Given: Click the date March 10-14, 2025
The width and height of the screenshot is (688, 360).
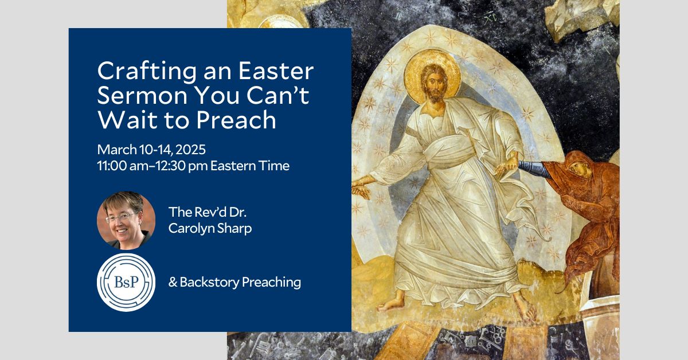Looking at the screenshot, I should (151, 150).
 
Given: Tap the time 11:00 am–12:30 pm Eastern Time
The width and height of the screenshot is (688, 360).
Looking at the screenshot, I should (193, 166).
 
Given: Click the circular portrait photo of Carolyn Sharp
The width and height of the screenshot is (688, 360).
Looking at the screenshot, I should (126, 220).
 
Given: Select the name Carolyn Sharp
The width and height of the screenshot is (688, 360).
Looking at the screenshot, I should (210, 227).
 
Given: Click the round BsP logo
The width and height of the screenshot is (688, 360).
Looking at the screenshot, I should (126, 282).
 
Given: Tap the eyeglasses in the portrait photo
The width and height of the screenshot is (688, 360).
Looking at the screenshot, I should (122, 216).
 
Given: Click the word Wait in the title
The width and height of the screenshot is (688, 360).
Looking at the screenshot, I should (123, 120).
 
